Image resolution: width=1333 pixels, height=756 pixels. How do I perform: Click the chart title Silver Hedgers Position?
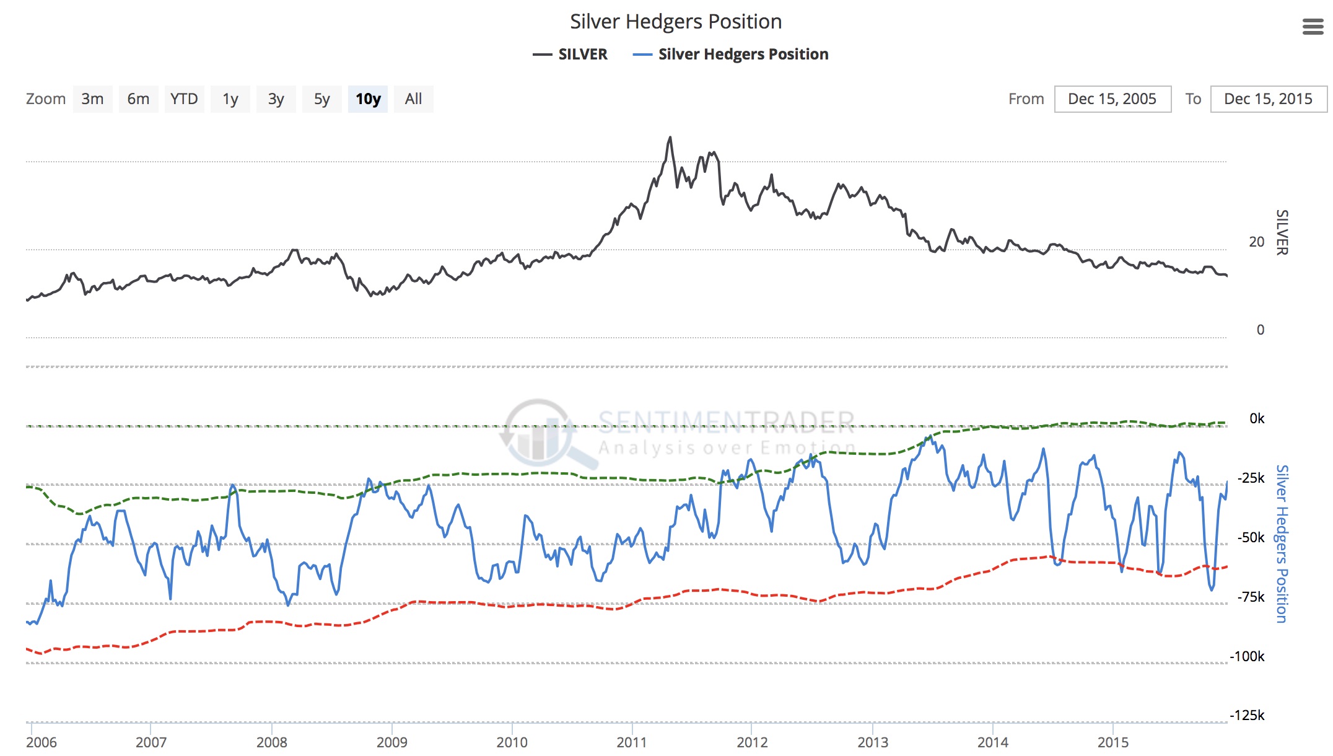tap(675, 22)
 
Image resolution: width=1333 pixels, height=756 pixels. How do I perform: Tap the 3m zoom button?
tap(92, 99)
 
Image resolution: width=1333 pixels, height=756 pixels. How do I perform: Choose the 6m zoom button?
tap(138, 99)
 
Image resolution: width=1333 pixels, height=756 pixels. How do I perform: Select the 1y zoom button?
tap(230, 99)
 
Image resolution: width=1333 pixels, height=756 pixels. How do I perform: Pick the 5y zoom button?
tap(321, 99)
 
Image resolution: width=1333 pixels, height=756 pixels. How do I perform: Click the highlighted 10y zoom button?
tap(368, 99)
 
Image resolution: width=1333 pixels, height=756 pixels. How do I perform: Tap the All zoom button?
tap(413, 99)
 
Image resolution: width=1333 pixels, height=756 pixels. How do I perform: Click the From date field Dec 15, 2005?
tap(1112, 99)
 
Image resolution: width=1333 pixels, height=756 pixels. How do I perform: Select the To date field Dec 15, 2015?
tap(1268, 99)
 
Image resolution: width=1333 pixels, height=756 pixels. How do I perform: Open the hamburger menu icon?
tap(1313, 27)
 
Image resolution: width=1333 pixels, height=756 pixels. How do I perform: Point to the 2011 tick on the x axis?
tap(631, 742)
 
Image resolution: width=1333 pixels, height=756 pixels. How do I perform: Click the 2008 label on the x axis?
tap(271, 742)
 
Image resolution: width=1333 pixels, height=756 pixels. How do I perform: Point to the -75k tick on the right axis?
tap(1251, 597)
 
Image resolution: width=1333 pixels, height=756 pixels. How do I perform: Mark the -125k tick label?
tap(1247, 715)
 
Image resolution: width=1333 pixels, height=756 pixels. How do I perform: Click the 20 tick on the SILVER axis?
tap(1256, 242)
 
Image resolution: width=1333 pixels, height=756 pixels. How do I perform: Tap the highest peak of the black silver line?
tap(670, 138)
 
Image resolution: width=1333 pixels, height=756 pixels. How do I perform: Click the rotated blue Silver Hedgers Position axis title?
tap(1282, 543)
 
